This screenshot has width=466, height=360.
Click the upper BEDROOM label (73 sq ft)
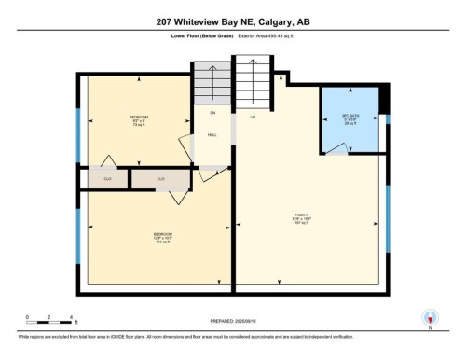click(x=138, y=119)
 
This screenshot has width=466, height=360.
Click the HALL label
click(x=212, y=134)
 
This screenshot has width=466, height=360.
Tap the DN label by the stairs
click(x=212, y=113)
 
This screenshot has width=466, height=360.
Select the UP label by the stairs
click(x=252, y=117)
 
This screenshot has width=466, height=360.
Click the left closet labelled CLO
click(x=107, y=178)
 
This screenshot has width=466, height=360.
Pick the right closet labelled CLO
click(x=160, y=178)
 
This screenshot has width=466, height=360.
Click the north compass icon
click(x=430, y=317)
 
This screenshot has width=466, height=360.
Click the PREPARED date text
click(x=232, y=319)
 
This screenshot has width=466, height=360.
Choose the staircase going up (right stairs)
click(x=252, y=82)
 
